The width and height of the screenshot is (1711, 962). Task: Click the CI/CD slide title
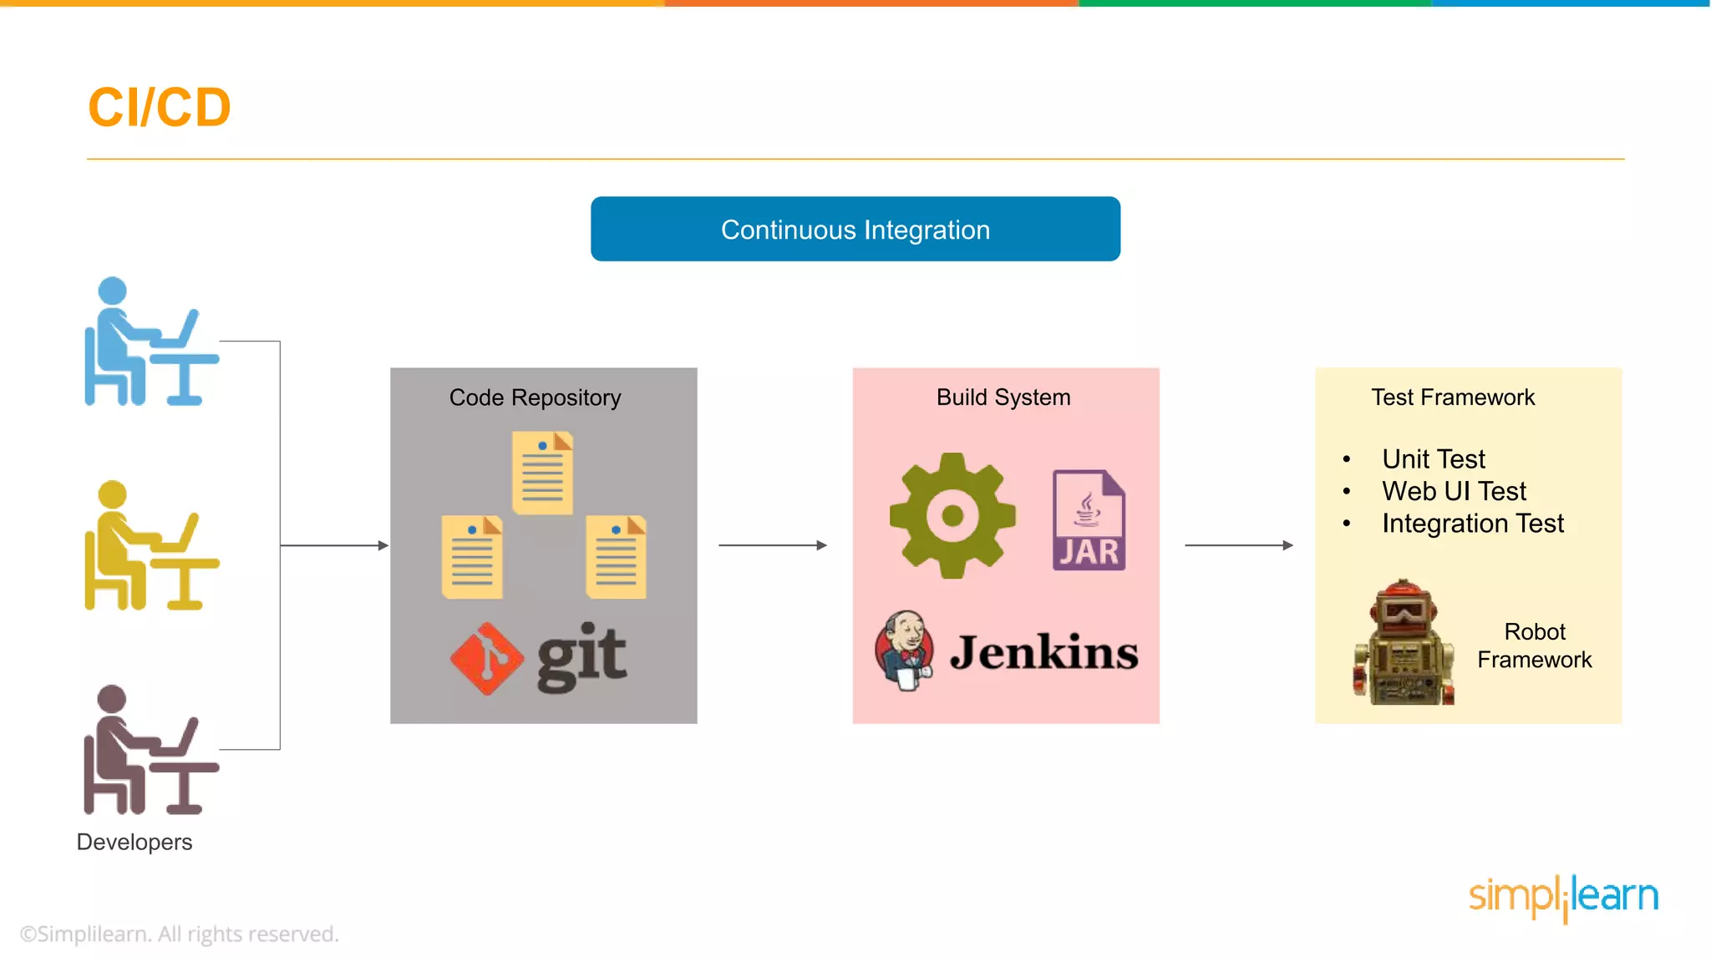point(159,108)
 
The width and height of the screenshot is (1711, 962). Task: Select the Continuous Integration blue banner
point(855,229)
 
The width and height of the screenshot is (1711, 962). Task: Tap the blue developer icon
point(146,342)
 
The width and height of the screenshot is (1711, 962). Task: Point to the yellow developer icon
point(146,546)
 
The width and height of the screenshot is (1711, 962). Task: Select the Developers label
point(134,842)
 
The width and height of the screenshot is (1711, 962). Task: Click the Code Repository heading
point(535,397)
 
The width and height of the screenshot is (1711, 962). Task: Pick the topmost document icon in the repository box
point(543,473)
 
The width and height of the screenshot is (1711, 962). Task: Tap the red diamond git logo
point(486,658)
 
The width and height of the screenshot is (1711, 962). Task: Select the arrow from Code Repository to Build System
point(772,545)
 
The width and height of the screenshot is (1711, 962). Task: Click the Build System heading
point(1003,397)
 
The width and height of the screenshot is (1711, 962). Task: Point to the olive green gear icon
point(952,515)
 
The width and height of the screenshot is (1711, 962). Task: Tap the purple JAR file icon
point(1088,520)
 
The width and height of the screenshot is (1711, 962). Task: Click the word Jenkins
point(1043,652)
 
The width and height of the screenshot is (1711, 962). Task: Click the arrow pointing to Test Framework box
point(1238,545)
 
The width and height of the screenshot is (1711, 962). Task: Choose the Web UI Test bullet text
point(1454,491)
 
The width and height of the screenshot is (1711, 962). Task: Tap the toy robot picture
point(1404,643)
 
